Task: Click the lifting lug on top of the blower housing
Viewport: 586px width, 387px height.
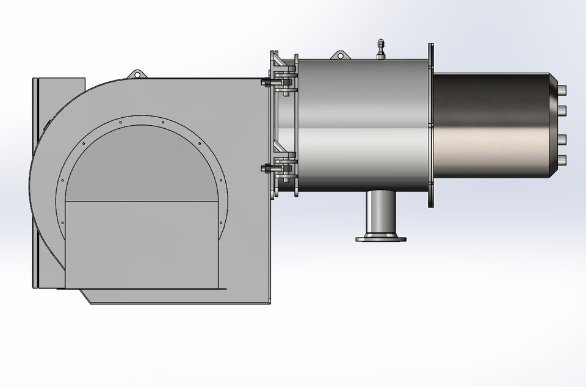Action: click(x=137, y=74)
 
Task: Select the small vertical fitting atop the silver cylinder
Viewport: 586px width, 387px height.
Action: click(x=381, y=49)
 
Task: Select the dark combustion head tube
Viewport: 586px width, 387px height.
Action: click(x=491, y=125)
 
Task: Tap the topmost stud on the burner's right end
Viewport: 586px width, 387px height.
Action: click(x=562, y=90)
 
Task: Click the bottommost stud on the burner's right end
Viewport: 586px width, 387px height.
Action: click(x=562, y=160)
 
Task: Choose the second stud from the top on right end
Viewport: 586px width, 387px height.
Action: click(x=562, y=110)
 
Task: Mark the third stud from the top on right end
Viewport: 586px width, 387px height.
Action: click(x=562, y=140)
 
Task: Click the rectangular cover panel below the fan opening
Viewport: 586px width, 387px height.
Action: click(x=141, y=244)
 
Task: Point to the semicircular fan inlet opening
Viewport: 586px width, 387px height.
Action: click(x=141, y=165)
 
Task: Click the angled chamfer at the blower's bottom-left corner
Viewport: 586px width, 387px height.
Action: click(x=85, y=297)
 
